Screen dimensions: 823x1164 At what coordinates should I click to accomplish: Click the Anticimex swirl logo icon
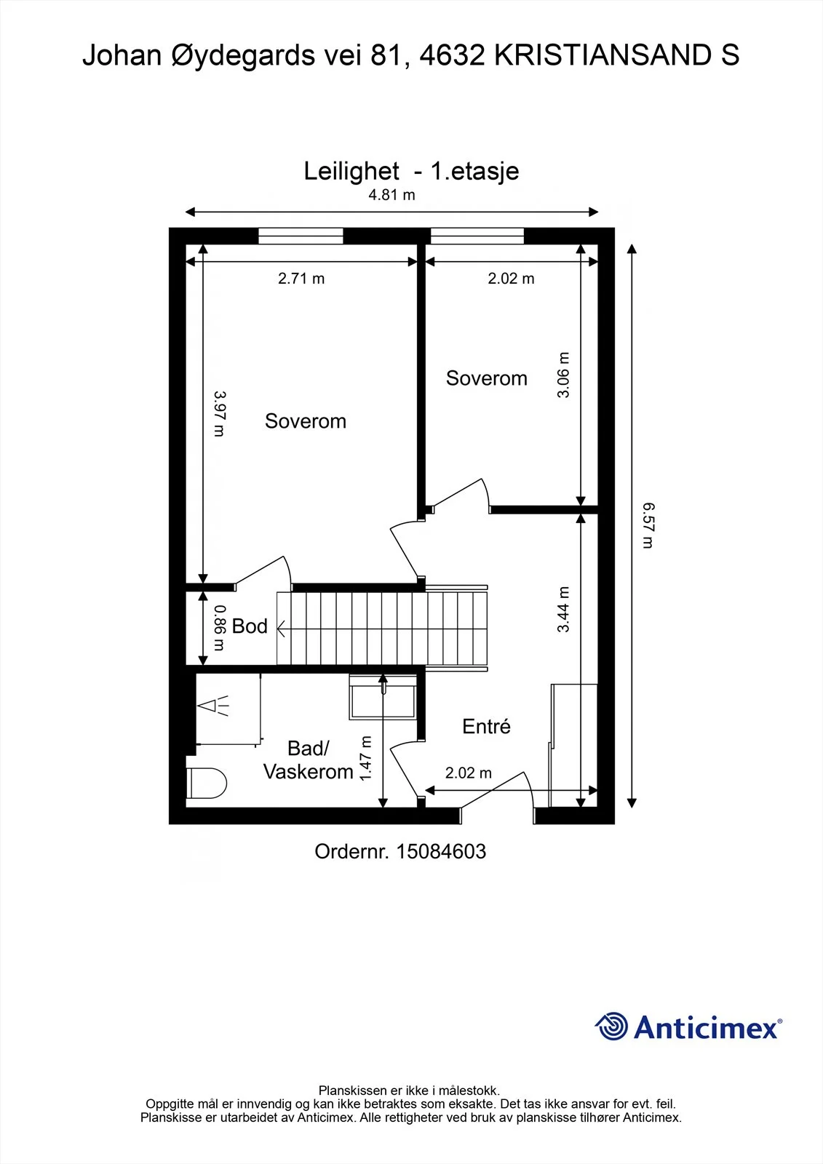point(611,1027)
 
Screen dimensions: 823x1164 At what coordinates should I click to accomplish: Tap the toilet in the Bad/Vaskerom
point(207,783)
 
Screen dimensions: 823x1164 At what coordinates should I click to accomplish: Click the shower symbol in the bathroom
point(213,706)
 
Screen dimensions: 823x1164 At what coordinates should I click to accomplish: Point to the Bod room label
point(250,626)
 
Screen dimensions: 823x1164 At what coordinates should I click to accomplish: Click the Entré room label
point(486,726)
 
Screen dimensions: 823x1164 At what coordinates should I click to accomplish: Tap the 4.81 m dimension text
point(391,195)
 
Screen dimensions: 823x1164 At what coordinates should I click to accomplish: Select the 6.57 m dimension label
point(648,525)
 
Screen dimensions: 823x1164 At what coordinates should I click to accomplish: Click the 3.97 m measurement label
point(220,414)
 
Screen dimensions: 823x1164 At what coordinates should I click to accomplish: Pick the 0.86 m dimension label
point(220,628)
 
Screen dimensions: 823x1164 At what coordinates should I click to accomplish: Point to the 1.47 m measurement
point(365,758)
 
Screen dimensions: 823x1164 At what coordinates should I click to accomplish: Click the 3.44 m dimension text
point(563,609)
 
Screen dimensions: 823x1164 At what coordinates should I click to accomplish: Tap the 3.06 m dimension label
point(563,375)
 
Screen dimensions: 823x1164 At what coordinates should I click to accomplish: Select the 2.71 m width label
point(301,279)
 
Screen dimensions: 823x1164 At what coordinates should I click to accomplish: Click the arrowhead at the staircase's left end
point(282,629)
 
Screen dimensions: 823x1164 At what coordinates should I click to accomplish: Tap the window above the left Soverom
point(301,236)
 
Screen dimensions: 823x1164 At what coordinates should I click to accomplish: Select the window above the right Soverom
point(477,236)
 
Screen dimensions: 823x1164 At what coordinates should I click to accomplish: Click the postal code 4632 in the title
point(452,55)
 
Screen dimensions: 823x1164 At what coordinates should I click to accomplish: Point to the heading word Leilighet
point(351,171)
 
